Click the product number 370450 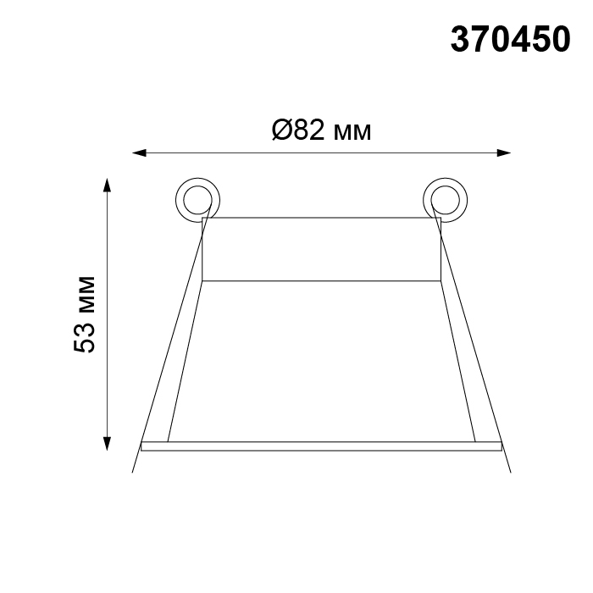pos(510,39)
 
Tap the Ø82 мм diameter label pos(321,130)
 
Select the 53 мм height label pos(85,314)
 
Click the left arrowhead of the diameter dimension pos(139,152)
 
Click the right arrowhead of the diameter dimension pos(504,152)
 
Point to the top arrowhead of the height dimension pos(108,185)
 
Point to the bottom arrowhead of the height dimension pos(108,444)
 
